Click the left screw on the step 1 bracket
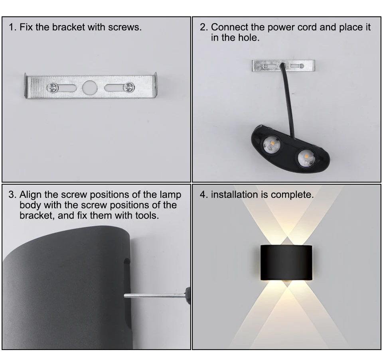tap(52, 87)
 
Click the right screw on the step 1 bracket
tap(128, 87)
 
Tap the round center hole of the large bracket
tap(90, 87)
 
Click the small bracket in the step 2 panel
tap(283, 65)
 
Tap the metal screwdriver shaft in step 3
tap(154, 295)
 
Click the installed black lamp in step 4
tap(286, 262)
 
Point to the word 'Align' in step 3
tap(30, 195)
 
